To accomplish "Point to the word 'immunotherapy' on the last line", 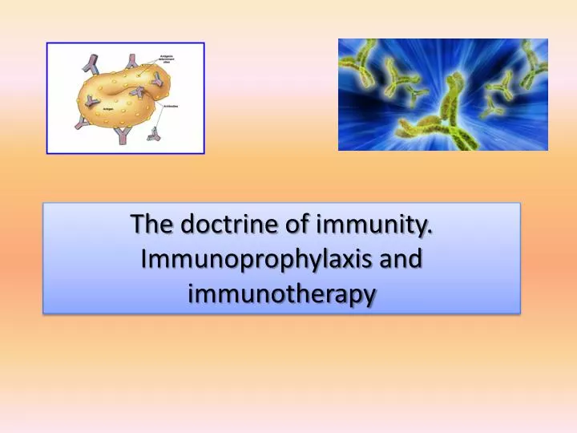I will tap(281, 294).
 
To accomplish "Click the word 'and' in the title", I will tap(401, 259).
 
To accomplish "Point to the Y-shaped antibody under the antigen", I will tap(122, 135).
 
